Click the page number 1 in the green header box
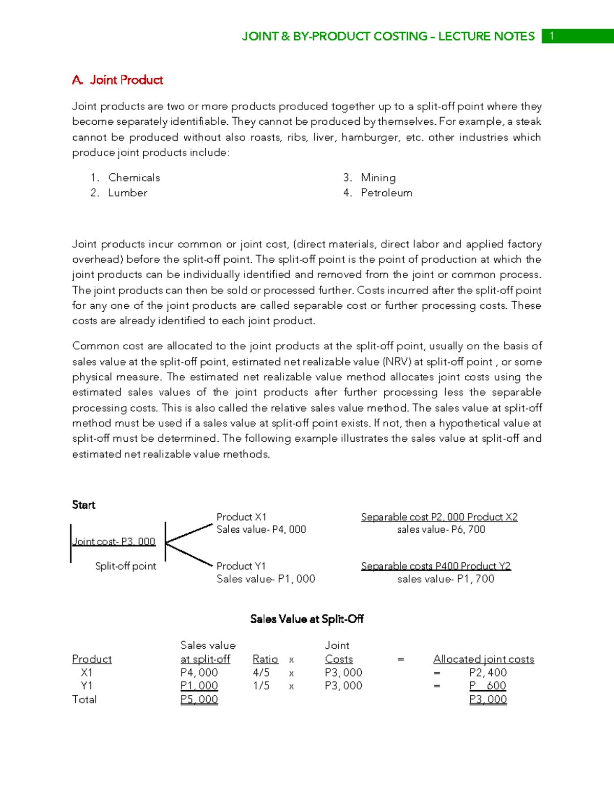[552, 36]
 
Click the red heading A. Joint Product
[118, 80]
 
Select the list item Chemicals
[134, 178]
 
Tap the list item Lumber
[127, 193]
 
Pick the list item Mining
[378, 178]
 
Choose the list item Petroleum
[386, 193]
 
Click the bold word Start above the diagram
[83, 505]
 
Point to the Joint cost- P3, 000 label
[114, 541]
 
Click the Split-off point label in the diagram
[125, 566]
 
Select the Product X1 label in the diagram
[241, 517]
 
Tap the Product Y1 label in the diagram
[241, 566]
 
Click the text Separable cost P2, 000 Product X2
[439, 517]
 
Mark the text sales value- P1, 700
[446, 579]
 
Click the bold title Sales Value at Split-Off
[306, 619]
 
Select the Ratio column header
[265, 659]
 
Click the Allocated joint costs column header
[484, 659]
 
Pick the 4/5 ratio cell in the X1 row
[261, 673]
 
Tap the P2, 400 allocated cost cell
[488, 673]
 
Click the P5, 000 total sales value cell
[199, 699]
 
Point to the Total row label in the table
[84, 699]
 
